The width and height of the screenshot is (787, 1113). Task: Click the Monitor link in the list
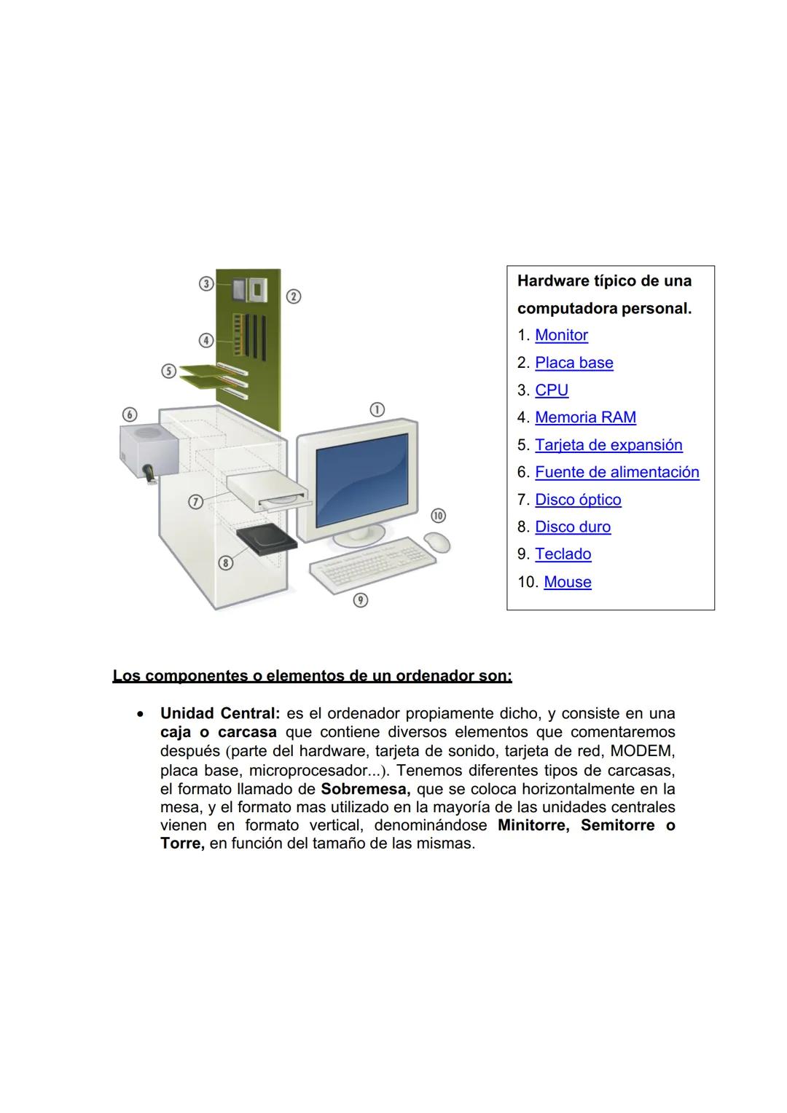pos(561,335)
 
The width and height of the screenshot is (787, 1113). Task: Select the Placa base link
pos(573,363)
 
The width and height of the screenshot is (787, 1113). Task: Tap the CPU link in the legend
pos(551,390)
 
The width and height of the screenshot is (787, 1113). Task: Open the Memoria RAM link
pos(585,417)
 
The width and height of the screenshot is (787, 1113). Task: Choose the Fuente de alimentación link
pos(616,472)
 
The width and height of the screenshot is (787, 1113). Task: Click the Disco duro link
pos(573,527)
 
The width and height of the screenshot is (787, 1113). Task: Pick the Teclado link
pos(563,554)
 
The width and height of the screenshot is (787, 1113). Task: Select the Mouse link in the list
pos(567,582)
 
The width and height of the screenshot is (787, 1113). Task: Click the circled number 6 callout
pos(130,414)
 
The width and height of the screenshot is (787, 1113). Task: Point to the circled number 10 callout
pos(438,516)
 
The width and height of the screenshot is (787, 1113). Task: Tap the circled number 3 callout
pos(206,283)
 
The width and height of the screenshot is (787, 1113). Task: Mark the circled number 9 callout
pos(360,599)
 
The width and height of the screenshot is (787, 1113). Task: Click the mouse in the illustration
pos(437,542)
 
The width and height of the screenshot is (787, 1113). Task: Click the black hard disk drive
pos(267,540)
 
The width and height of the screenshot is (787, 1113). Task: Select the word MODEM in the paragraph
pos(642,751)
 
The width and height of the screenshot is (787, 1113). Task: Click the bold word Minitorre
pos(533,826)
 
